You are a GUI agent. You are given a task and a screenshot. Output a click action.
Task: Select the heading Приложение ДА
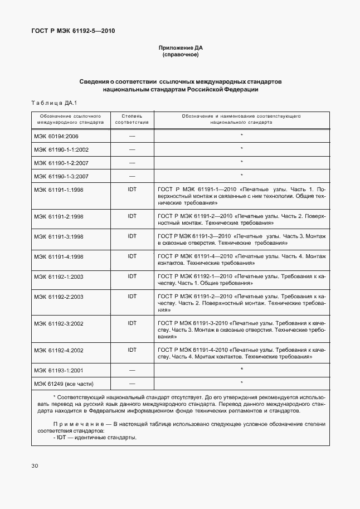[180, 49]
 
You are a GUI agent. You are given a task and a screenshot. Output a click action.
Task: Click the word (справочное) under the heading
[180, 56]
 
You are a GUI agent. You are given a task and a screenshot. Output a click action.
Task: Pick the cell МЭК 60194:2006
[57, 135]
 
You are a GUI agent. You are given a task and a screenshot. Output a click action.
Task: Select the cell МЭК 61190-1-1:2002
[61, 149]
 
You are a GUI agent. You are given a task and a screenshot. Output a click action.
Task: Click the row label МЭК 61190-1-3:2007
[61, 176]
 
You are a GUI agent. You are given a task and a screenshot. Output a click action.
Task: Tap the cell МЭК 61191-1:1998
[59, 190]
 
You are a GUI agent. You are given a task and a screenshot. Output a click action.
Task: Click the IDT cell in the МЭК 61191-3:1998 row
[132, 236]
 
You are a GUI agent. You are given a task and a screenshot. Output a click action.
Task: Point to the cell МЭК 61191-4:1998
[59, 256]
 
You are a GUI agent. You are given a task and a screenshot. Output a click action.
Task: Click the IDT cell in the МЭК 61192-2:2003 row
[132, 297]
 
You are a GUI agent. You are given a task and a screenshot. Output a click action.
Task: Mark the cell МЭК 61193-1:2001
[59, 370]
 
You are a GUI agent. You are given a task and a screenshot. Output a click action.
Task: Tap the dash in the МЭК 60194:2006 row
[132, 135]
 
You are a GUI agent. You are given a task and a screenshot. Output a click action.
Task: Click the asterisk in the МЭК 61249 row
[241, 383]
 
